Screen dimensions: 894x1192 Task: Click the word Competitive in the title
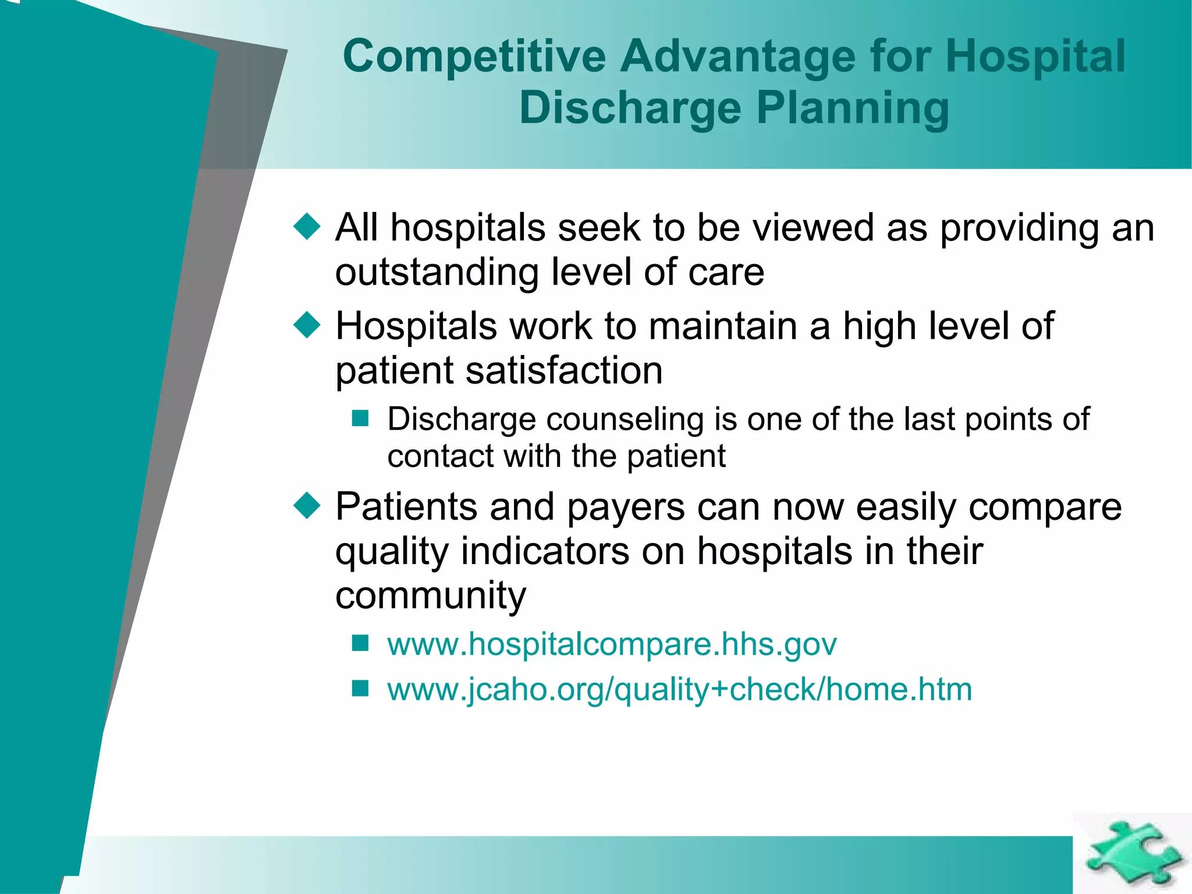pyautogui.click(x=474, y=56)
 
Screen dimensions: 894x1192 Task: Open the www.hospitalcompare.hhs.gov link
pyautogui.click(x=612, y=644)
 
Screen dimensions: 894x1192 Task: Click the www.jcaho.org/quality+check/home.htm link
pyautogui.click(x=679, y=690)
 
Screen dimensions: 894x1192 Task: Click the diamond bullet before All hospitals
pyautogui.click(x=307, y=226)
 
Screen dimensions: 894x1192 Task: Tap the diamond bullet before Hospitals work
pyautogui.click(x=307, y=325)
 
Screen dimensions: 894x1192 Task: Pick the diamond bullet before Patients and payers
pyautogui.click(x=307, y=505)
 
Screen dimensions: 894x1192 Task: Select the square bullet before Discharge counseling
pyautogui.click(x=360, y=418)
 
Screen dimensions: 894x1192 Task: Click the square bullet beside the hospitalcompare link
pyautogui.click(x=360, y=643)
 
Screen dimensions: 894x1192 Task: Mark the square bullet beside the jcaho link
pyautogui.click(x=360, y=689)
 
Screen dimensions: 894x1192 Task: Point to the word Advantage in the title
pyautogui.click(x=737, y=56)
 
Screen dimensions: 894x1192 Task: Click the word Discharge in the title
pyautogui.click(x=630, y=108)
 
